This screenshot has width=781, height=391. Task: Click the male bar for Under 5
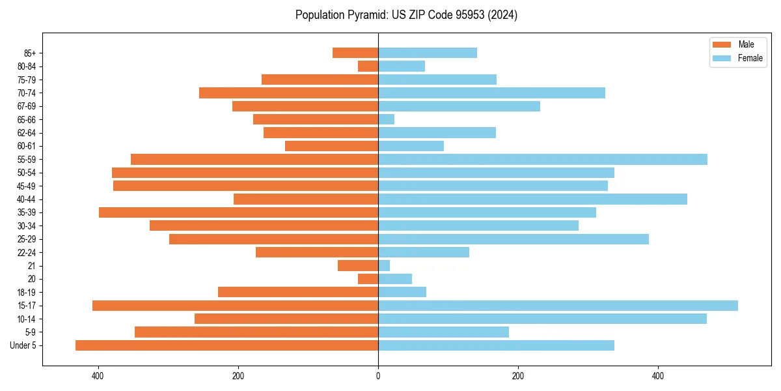pos(226,345)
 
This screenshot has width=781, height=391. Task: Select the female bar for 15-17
pos(558,306)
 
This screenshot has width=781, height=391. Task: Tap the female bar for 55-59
pos(542,160)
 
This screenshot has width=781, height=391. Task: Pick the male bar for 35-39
pos(238,212)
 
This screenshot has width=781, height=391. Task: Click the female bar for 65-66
pos(386,119)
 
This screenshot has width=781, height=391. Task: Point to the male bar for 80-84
pos(368,66)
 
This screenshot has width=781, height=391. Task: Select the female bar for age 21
pos(384,265)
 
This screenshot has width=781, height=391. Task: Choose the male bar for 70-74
pos(288,93)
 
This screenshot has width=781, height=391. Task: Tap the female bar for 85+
pos(428,53)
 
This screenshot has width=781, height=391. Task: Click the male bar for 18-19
pos(298,292)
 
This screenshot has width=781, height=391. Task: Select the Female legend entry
pos(737,58)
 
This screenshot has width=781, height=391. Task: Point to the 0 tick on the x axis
pos(378,376)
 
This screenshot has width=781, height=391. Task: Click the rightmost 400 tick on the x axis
pos(658,376)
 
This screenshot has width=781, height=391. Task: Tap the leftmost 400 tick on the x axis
pos(98,376)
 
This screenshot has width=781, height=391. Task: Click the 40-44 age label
pos(26,199)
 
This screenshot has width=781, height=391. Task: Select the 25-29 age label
pos(26,239)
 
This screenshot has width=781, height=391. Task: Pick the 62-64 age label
pos(26,133)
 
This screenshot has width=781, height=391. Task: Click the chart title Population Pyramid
pos(406,15)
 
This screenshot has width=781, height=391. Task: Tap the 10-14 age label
pos(26,319)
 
